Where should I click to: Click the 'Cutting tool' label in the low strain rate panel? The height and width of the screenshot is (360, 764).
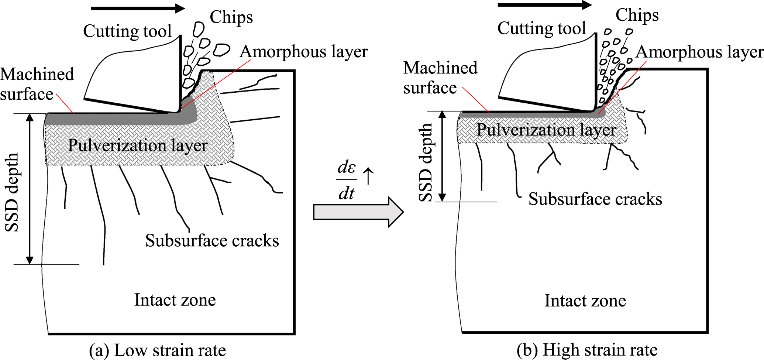[127, 31]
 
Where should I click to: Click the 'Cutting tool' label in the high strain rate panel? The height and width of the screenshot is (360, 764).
[541, 28]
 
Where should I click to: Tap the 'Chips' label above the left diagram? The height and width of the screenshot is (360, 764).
[231, 17]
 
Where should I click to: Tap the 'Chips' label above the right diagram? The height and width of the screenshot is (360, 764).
[637, 15]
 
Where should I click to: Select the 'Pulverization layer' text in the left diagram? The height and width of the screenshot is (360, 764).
[138, 145]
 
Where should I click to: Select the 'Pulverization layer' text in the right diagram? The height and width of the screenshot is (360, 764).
[546, 130]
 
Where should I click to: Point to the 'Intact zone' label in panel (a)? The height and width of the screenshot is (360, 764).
[175, 300]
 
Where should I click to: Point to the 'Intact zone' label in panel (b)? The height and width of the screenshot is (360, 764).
[585, 301]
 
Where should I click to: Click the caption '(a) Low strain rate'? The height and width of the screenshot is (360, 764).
[158, 350]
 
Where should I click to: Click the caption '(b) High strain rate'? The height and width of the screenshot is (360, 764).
[587, 350]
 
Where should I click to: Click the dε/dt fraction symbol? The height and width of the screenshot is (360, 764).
[347, 180]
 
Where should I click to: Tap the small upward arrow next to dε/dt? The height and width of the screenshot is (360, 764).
[368, 175]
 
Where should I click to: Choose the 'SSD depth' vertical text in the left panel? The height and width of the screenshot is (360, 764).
[12, 192]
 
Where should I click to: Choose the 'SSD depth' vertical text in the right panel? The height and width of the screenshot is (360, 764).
[426, 162]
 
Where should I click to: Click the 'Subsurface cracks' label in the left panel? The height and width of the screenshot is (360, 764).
[212, 241]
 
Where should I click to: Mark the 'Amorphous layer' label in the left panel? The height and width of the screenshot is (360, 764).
[303, 52]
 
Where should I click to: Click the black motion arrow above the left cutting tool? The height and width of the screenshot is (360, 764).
[137, 8]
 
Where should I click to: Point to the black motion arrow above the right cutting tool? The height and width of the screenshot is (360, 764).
[544, 5]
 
